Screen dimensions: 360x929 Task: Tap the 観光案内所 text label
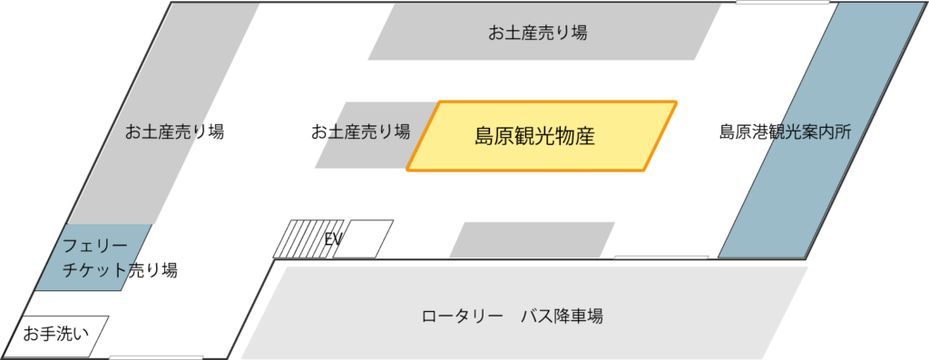click(x=809, y=132)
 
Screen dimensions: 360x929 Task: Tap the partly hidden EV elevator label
click(x=330, y=241)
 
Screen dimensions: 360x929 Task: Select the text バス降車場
click(x=562, y=317)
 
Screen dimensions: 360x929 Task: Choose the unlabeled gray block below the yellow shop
click(x=533, y=239)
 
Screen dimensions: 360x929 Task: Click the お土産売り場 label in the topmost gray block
click(x=537, y=34)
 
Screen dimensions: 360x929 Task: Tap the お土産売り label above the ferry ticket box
click(x=163, y=132)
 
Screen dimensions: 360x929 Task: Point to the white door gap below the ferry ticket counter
click(x=143, y=357)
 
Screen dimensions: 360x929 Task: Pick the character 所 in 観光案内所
click(x=842, y=132)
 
